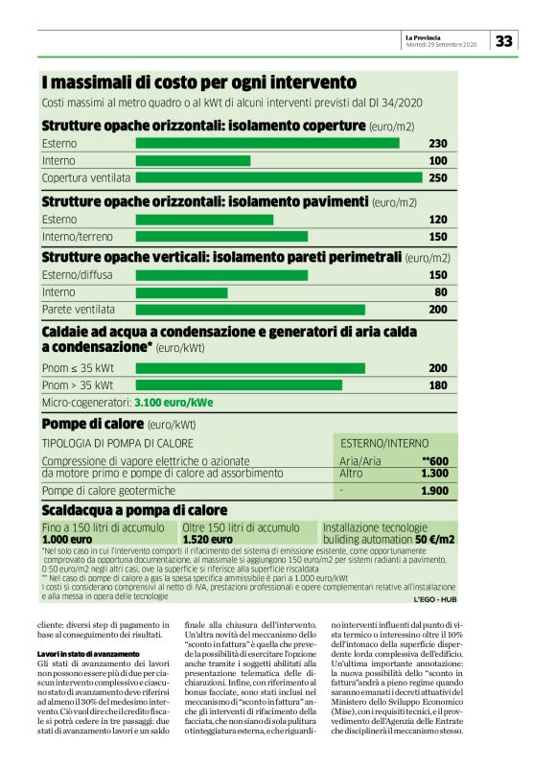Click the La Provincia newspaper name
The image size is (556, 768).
(423, 36)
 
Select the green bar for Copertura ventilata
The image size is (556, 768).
(279, 177)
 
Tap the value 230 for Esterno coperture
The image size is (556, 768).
(438, 143)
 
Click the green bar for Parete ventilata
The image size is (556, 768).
(250, 310)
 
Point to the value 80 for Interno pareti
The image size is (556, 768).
(441, 291)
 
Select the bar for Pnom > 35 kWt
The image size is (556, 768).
(239, 385)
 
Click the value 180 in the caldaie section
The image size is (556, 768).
(438, 385)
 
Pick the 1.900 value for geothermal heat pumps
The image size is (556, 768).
(435, 491)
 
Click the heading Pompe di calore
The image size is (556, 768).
(91, 423)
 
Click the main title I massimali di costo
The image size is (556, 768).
(198, 82)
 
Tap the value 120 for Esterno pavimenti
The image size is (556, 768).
(438, 220)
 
